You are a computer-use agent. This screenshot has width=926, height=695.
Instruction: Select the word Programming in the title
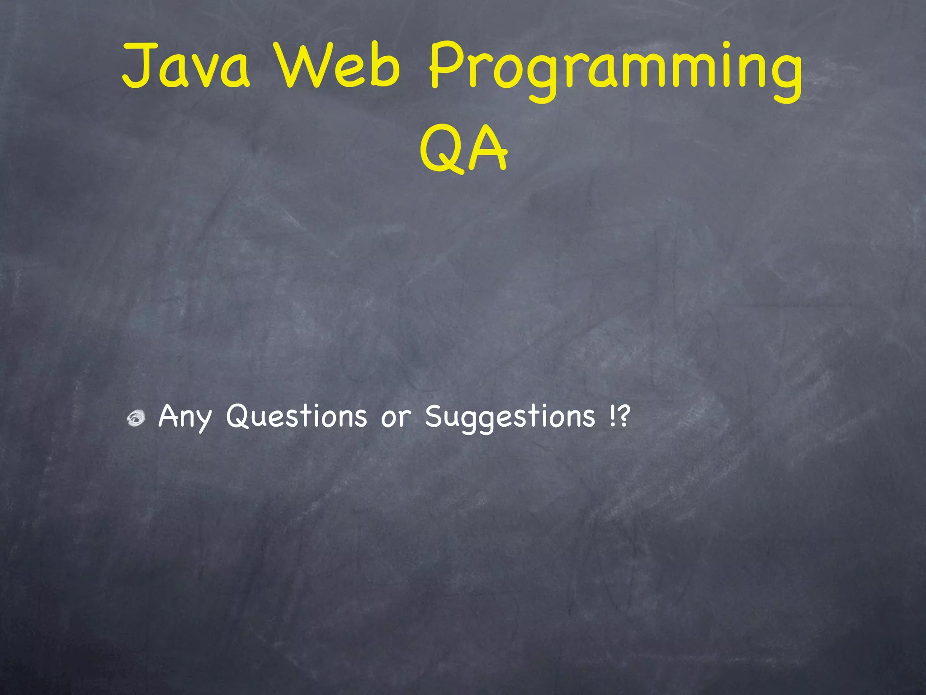click(615, 70)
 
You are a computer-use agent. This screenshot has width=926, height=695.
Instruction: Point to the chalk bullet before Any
click(136, 418)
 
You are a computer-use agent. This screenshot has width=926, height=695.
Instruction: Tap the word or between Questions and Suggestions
click(396, 417)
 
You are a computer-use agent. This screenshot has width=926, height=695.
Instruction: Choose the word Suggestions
click(510, 417)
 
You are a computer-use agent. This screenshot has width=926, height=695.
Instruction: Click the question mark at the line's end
click(623, 415)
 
